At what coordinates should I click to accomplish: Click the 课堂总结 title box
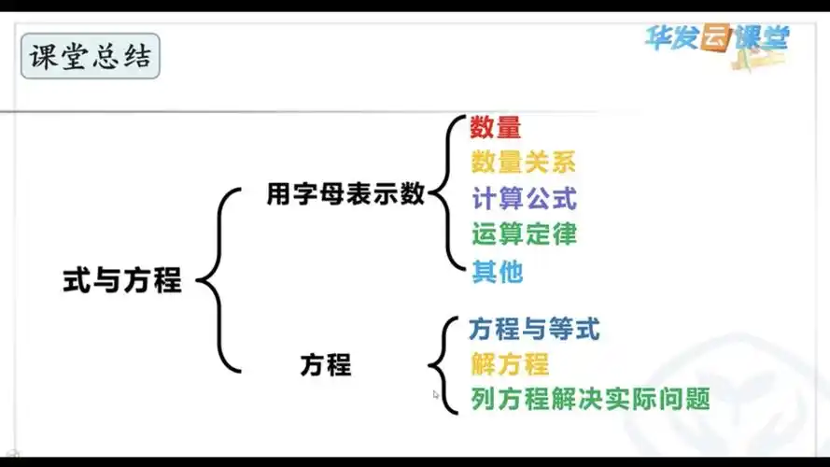(x=91, y=57)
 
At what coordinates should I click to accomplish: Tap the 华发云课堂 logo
(x=716, y=38)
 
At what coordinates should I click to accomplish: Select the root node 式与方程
(x=122, y=280)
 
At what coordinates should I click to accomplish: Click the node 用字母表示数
(x=345, y=194)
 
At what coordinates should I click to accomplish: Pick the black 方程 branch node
(x=326, y=364)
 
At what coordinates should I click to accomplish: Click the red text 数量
(x=495, y=126)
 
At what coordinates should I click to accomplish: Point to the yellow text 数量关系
(x=523, y=162)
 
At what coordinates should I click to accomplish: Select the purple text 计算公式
(x=524, y=197)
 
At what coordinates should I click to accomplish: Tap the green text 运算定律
(x=524, y=233)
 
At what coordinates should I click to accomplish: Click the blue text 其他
(x=497, y=271)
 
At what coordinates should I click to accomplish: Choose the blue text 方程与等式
(x=534, y=328)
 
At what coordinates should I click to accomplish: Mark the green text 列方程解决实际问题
(x=590, y=399)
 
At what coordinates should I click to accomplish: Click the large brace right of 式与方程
(x=219, y=279)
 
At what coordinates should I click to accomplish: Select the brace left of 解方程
(x=442, y=364)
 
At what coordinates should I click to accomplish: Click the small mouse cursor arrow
(x=436, y=394)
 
